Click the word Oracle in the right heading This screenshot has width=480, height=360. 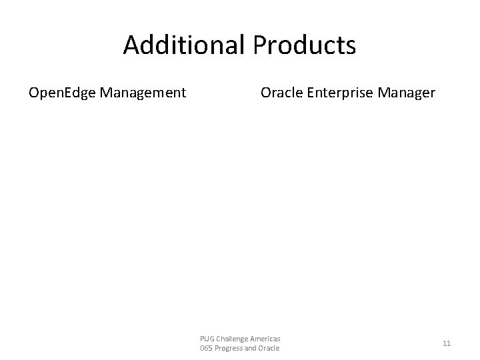[x=280, y=93]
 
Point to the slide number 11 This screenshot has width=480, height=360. [x=447, y=343]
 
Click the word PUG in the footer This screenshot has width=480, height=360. [x=207, y=339]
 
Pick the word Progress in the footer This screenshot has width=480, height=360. [x=229, y=349]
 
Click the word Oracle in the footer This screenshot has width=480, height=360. [x=270, y=349]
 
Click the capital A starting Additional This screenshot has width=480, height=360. [x=131, y=45]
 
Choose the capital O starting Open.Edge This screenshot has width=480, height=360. [x=33, y=93]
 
